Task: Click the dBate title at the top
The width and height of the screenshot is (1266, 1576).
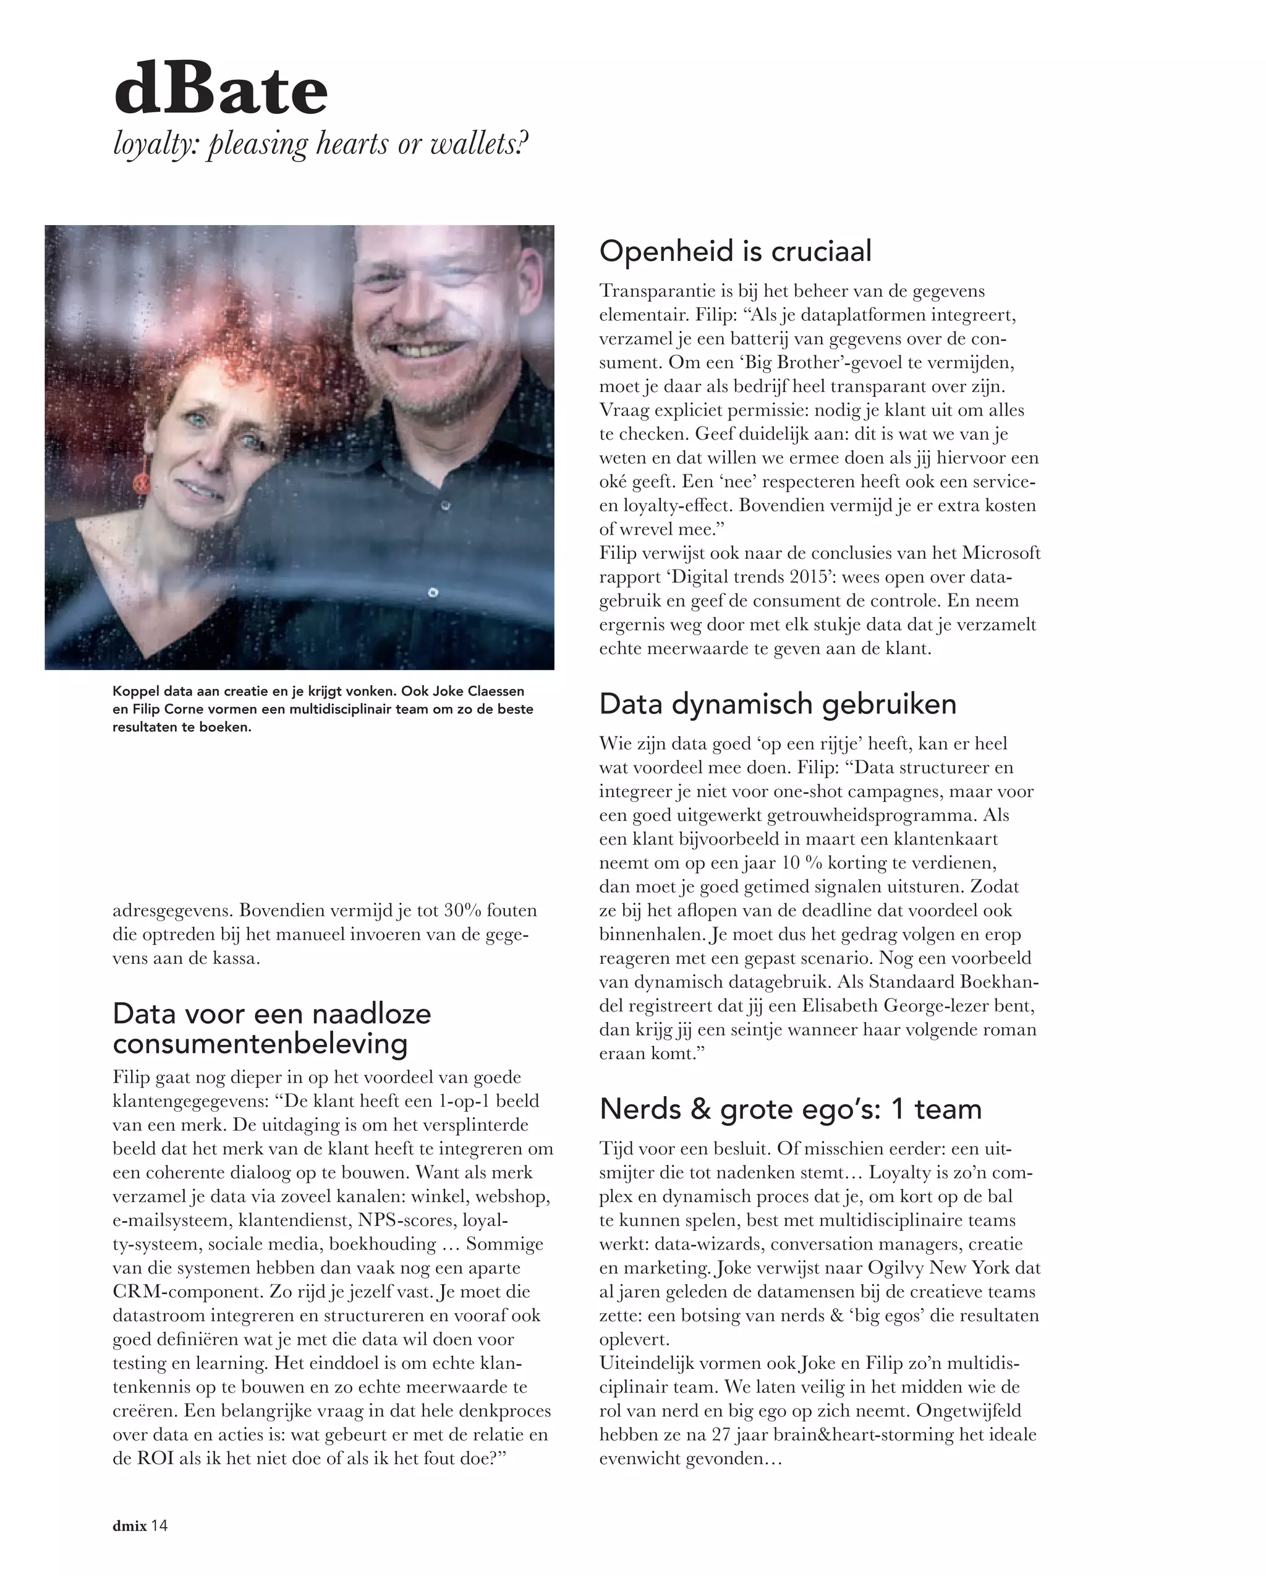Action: [221, 91]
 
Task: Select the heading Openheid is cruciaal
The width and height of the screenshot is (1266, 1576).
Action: [736, 252]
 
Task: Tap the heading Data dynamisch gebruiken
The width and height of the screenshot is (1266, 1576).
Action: [778, 704]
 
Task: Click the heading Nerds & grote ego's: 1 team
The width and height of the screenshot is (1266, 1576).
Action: [790, 1109]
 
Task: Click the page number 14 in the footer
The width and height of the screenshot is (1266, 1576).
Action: [160, 1525]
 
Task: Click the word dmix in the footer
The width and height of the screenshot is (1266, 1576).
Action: [129, 1525]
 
